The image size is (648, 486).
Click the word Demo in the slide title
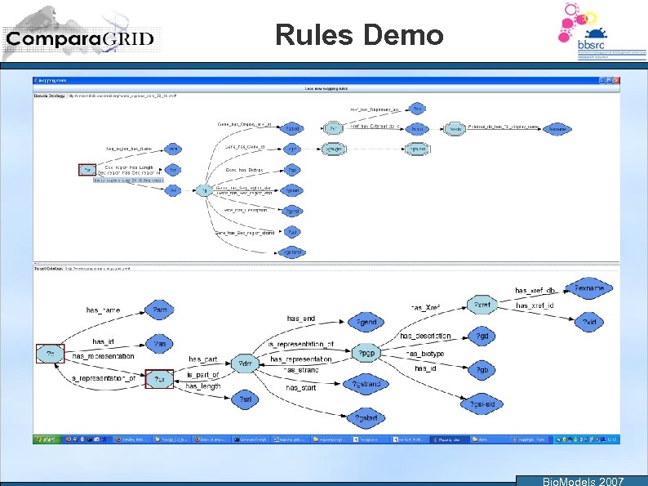(x=405, y=35)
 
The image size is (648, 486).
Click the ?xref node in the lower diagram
(x=482, y=305)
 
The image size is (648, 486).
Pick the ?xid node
(x=589, y=323)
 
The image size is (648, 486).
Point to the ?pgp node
(x=367, y=354)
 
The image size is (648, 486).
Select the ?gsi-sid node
(x=482, y=404)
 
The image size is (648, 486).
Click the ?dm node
(x=243, y=363)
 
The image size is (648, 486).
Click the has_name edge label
(x=103, y=310)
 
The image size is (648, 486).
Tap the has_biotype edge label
(x=425, y=354)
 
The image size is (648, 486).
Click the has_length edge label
(x=202, y=386)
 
